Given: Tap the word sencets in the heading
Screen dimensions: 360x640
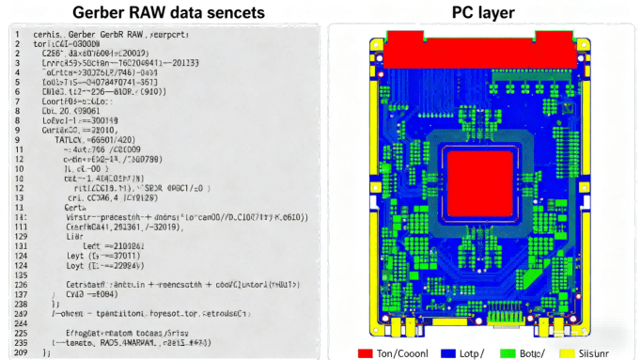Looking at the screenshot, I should [x=229, y=12].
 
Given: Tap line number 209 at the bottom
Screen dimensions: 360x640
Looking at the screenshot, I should [x=20, y=352].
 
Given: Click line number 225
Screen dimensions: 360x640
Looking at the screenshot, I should [x=20, y=332].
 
